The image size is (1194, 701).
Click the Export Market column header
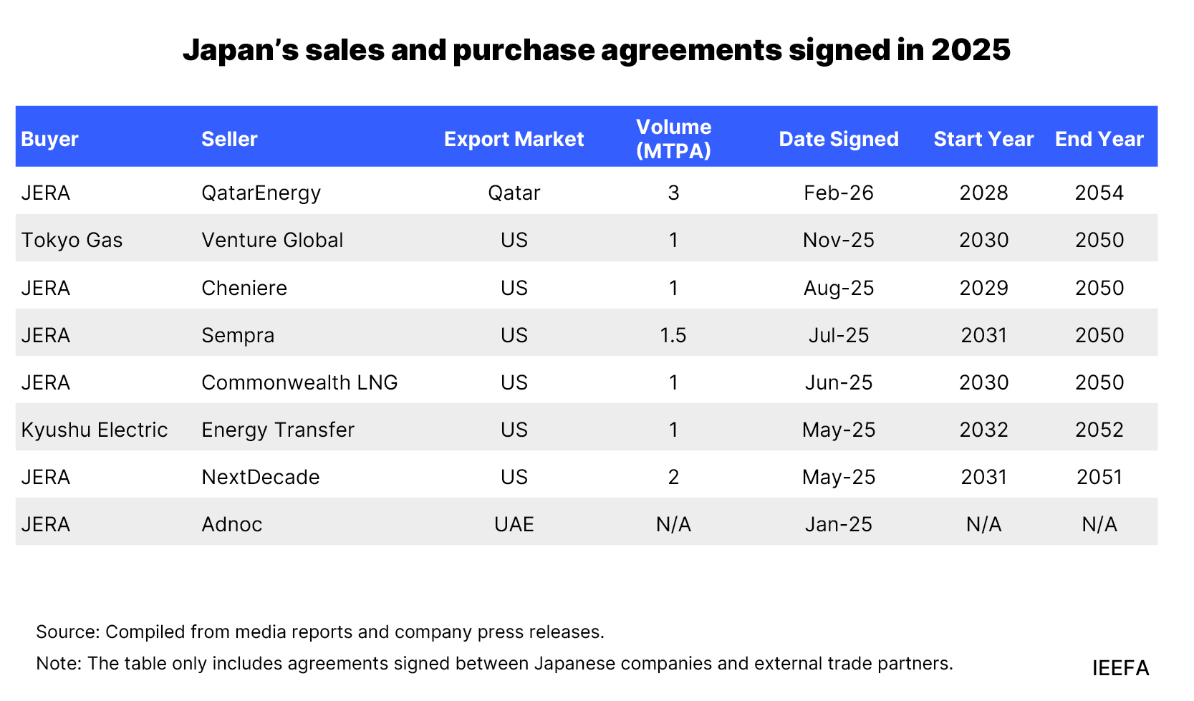coord(514,139)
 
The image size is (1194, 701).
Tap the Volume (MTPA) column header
coord(673,138)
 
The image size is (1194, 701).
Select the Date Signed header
coord(838,139)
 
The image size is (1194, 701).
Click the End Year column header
coord(1099,139)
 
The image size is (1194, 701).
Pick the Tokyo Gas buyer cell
coord(72,240)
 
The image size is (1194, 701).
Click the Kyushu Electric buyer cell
coord(94,430)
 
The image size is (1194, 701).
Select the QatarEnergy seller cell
coord(261,193)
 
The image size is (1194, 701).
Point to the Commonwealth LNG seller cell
coord(299,382)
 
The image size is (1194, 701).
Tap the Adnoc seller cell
coord(231,524)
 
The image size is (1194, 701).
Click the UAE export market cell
coord(514,524)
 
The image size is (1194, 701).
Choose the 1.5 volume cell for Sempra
coord(673,335)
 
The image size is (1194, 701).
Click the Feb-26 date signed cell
coord(838,193)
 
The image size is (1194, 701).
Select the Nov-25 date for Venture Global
coord(838,240)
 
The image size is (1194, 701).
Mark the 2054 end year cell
coord(1099,193)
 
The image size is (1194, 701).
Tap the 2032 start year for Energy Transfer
coord(983,430)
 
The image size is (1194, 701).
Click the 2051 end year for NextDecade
coord(1099,477)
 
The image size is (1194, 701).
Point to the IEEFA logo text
coord(1120,668)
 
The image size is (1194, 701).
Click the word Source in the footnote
coord(67,632)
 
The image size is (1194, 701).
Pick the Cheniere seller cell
coord(244,288)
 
